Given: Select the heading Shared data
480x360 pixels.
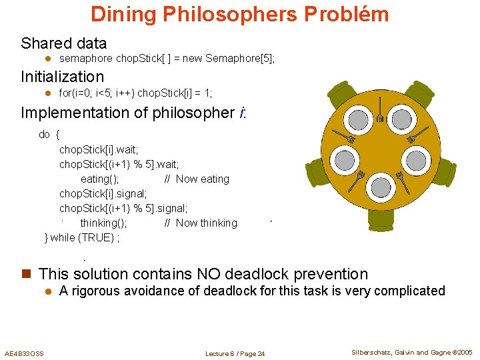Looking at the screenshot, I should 63,43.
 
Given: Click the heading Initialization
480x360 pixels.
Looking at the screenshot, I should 62,77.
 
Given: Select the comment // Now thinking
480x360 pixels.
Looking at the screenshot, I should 201,223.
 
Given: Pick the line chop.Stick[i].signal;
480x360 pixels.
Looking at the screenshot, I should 99,193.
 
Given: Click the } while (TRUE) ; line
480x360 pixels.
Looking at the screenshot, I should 81,237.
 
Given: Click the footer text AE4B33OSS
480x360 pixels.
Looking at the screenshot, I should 24,353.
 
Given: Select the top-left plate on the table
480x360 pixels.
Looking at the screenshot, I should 359,120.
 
